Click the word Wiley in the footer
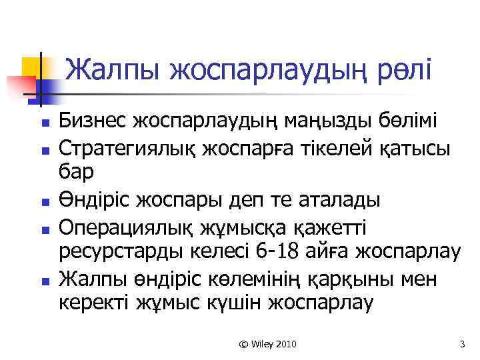pyautogui.click(x=261, y=343)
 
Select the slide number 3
pyautogui.click(x=461, y=343)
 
